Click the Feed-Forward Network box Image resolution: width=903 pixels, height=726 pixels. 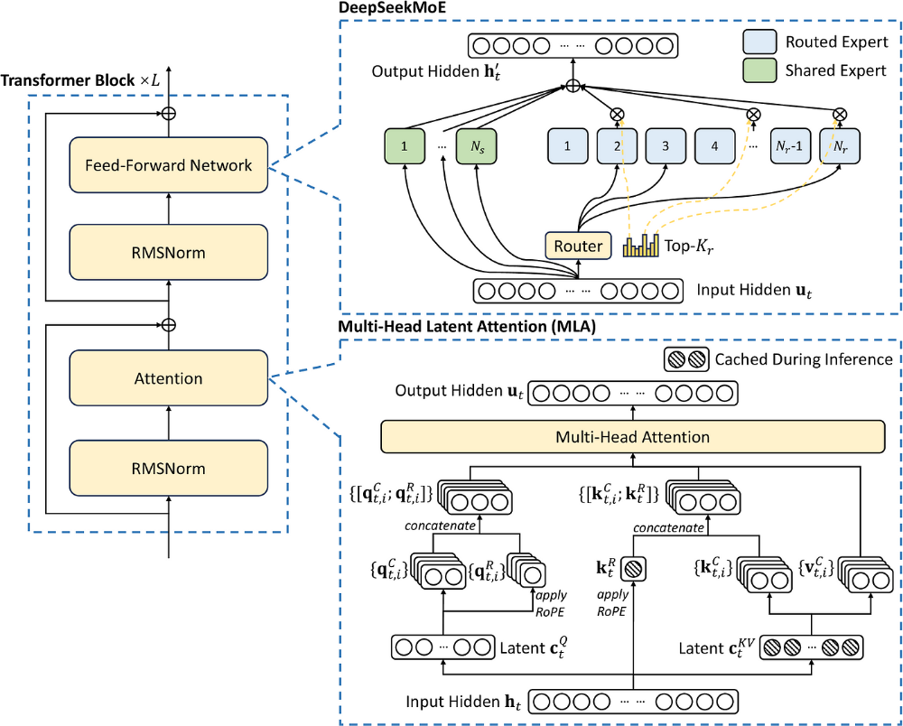[x=169, y=165]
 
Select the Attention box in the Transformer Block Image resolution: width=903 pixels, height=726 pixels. [x=169, y=378]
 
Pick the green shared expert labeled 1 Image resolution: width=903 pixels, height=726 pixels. [x=404, y=145]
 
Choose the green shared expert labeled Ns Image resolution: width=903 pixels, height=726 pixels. [x=478, y=145]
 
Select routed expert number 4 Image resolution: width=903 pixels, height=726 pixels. [x=716, y=145]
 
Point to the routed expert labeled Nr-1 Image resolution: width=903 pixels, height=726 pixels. [x=789, y=145]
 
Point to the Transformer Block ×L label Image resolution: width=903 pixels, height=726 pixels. [x=81, y=79]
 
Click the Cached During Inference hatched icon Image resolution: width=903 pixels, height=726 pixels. [x=686, y=359]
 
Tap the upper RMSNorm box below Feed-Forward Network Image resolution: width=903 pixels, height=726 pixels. [x=169, y=252]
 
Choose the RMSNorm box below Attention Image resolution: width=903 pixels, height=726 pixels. [x=169, y=469]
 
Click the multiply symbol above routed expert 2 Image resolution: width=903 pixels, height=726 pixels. [x=618, y=115]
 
